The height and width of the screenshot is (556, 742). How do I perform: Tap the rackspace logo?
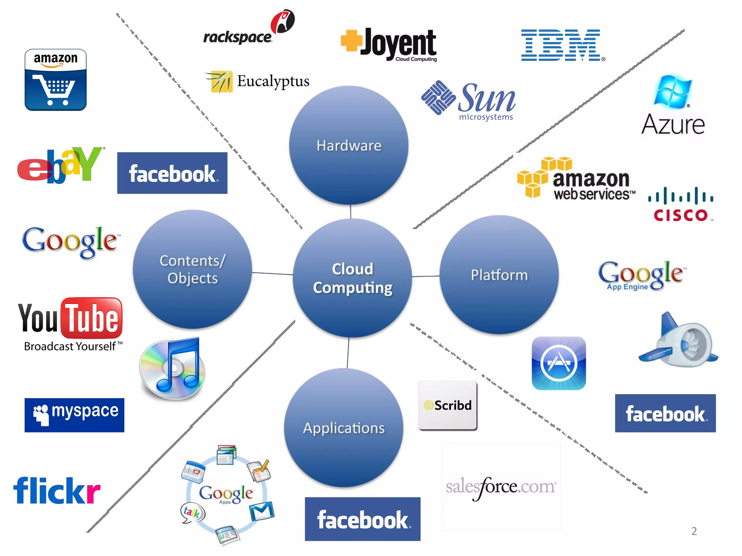(x=249, y=29)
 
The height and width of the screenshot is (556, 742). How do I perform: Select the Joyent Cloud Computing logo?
(x=390, y=45)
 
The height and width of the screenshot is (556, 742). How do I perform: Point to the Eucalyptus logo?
(x=257, y=82)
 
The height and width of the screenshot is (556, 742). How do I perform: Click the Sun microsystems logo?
(x=469, y=100)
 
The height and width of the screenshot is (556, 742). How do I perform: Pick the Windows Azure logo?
(x=673, y=105)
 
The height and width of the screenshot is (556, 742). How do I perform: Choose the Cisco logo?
(x=680, y=204)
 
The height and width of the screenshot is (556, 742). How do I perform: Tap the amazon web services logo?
(x=576, y=179)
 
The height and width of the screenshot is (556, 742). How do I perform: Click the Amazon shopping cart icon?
(x=55, y=80)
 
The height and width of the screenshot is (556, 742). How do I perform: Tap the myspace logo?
(x=74, y=415)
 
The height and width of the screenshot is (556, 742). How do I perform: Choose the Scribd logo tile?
(x=447, y=405)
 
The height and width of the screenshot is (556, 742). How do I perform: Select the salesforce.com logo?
(x=501, y=487)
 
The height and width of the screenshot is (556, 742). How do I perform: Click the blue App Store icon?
(x=559, y=363)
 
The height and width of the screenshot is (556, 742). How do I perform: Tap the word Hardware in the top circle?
(x=349, y=146)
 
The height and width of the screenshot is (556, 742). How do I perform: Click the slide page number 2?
(x=694, y=531)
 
